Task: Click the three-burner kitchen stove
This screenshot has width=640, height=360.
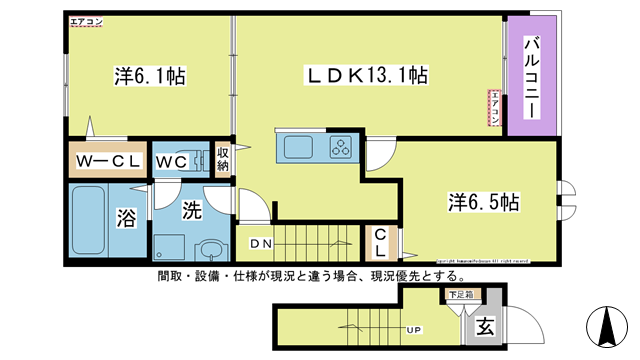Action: click(x=342, y=147)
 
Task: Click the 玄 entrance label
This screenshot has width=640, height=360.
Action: click(x=484, y=324)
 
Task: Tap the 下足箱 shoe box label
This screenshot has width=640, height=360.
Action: click(x=461, y=295)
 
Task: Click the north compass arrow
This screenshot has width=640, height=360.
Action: click(x=607, y=326)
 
